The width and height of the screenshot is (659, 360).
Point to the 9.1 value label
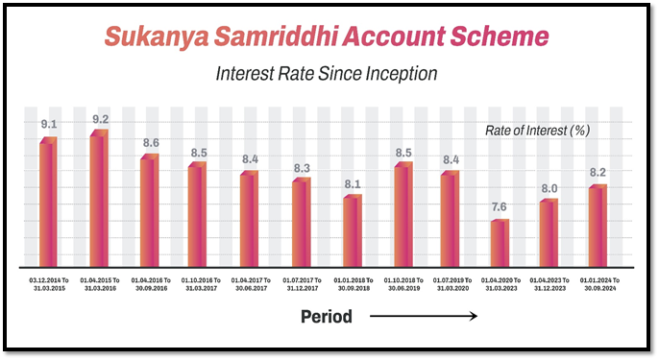click(48, 124)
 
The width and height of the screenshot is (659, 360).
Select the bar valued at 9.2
click(99, 198)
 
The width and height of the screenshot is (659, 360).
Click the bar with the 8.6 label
click(149, 210)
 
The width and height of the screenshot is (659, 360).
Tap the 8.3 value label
click(302, 168)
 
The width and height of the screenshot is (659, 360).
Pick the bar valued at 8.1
click(353, 230)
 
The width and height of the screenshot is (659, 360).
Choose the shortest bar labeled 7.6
click(500, 243)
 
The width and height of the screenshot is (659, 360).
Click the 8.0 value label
click(549, 189)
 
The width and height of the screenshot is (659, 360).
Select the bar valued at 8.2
click(598, 226)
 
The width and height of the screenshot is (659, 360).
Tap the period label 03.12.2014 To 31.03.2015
click(48, 283)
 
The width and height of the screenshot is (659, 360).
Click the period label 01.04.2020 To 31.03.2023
click(500, 283)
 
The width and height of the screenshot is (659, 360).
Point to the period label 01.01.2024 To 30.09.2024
click(598, 283)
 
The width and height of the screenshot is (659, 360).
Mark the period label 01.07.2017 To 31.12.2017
click(302, 283)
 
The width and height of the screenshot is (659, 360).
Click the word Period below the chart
click(327, 317)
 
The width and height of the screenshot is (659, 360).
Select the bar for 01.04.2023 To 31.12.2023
click(549, 232)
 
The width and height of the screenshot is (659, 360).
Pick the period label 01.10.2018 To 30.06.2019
click(403, 283)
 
